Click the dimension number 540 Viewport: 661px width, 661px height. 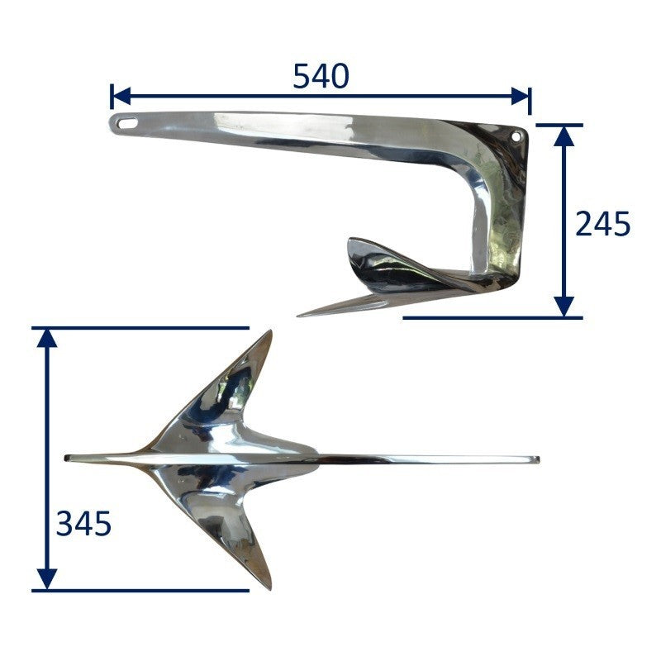321,76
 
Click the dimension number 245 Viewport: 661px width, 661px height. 602,223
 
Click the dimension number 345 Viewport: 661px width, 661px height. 83,524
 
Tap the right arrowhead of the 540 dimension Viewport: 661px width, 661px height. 520,96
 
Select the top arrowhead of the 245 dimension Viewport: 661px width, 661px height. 564,136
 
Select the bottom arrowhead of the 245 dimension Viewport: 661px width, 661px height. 564,306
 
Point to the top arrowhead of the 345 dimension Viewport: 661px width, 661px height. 47,339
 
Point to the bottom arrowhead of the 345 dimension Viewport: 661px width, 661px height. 47,579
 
